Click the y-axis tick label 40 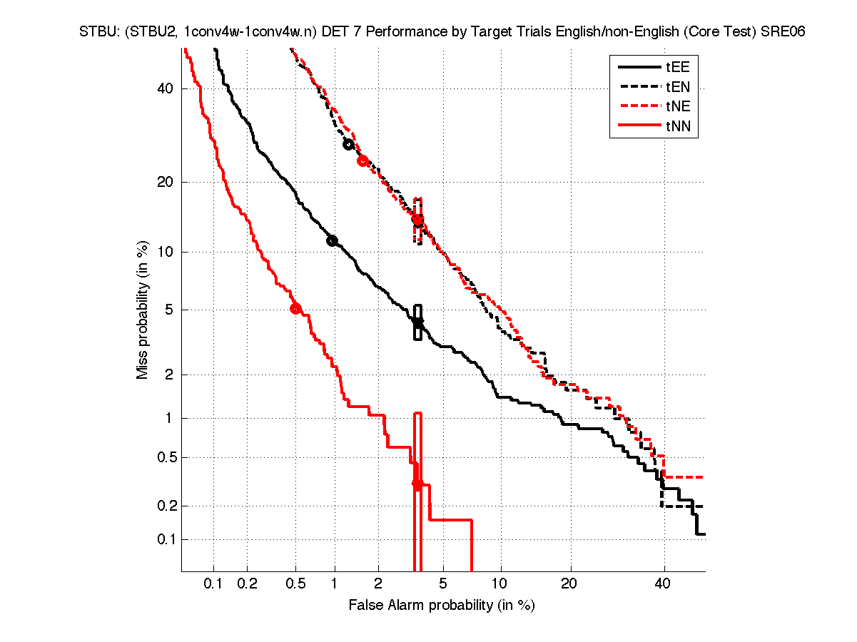click(166, 88)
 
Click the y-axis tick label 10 click(166, 252)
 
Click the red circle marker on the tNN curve click(295, 309)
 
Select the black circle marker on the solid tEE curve click(332, 240)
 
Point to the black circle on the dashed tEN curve click(348, 144)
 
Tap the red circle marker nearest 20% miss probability click(362, 160)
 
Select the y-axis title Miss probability click(143, 311)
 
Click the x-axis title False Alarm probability click(441, 606)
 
